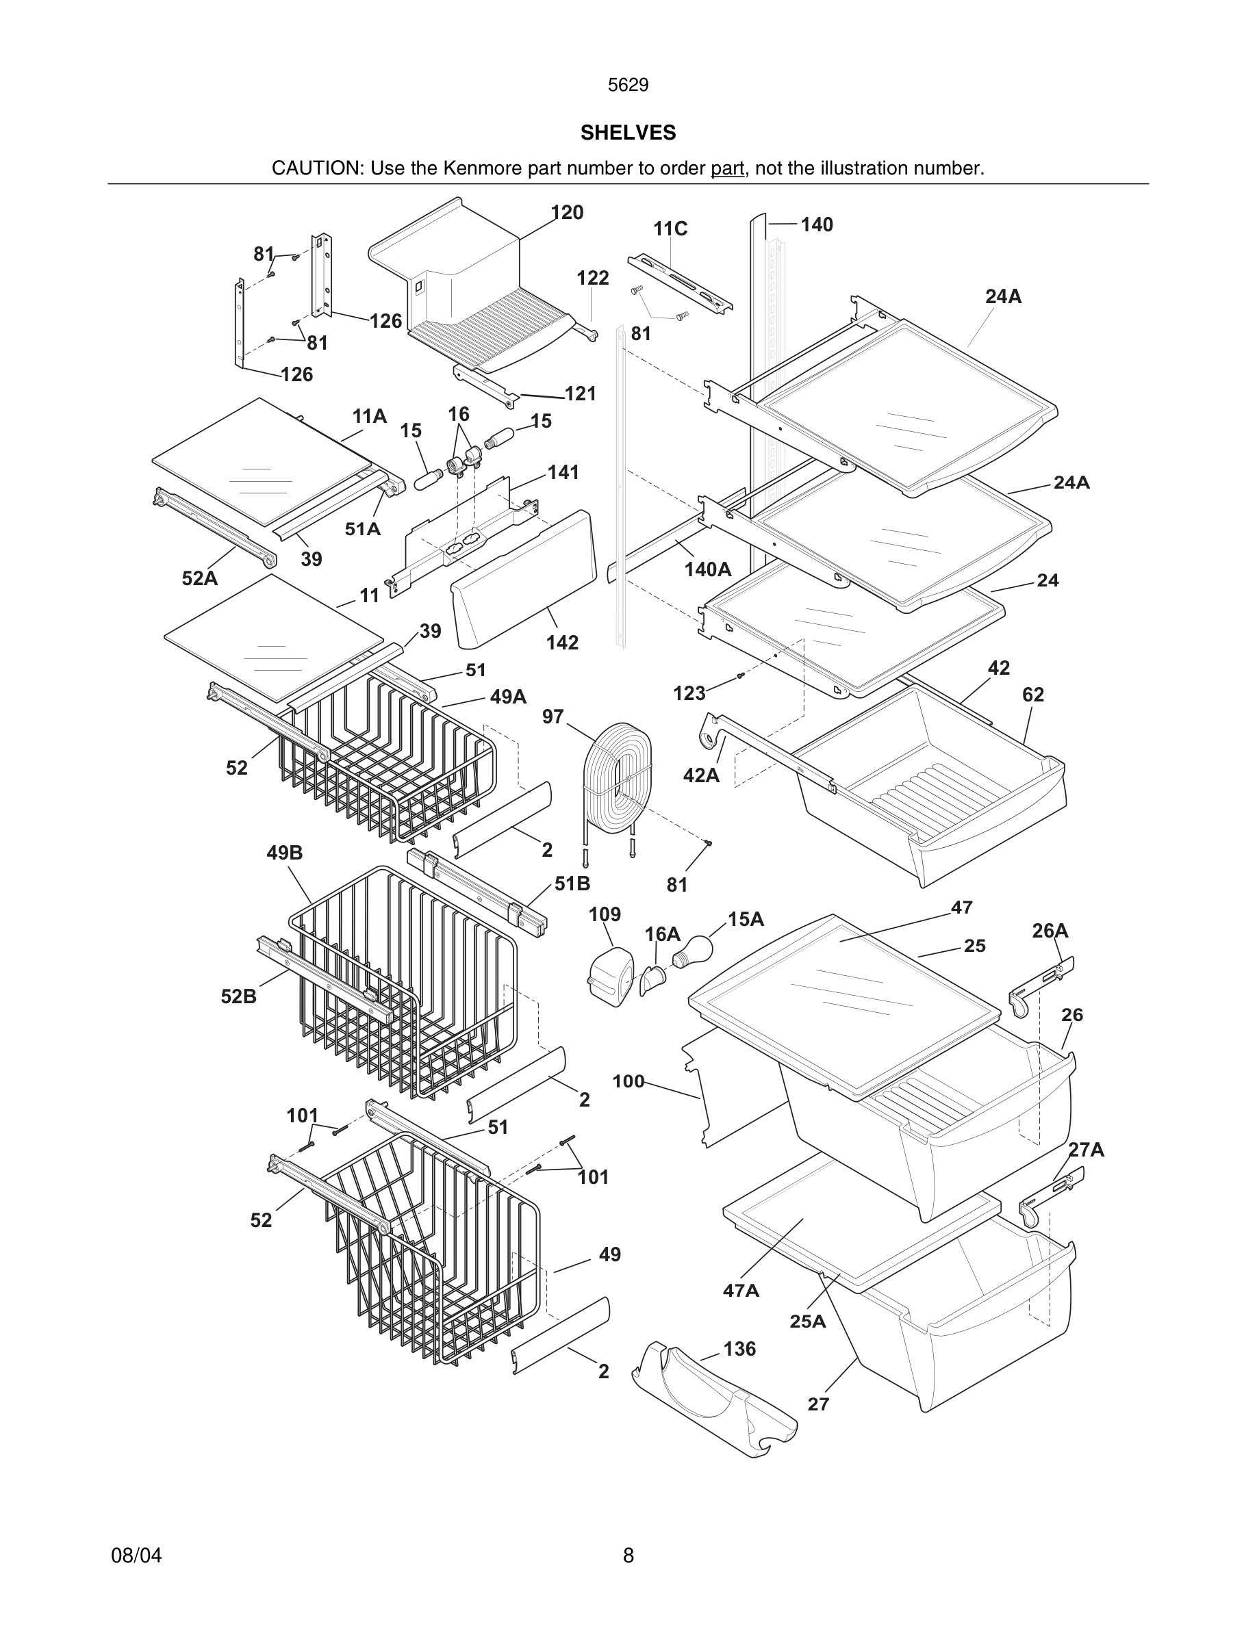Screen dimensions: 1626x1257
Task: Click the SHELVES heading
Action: (628, 133)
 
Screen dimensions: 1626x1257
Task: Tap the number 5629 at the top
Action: (628, 85)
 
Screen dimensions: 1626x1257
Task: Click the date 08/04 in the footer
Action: (136, 1556)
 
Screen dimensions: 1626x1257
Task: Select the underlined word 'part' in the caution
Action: (727, 168)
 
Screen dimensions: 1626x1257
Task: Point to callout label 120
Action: (567, 213)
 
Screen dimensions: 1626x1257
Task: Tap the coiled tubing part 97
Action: (618, 771)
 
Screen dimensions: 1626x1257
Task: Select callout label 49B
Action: (284, 853)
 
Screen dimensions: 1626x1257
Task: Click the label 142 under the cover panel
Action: (561, 643)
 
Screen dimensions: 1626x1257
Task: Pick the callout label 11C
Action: (670, 229)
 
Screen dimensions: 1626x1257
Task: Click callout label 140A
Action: (707, 569)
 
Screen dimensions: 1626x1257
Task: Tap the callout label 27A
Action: (1086, 1150)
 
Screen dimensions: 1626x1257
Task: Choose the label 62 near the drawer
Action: (1033, 695)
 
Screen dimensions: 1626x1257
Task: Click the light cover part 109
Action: (610, 976)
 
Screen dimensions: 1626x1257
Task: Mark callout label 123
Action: (689, 694)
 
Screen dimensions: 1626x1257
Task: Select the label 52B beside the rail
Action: (238, 996)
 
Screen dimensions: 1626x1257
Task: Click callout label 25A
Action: (807, 1321)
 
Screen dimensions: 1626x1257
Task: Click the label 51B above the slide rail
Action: (572, 883)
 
